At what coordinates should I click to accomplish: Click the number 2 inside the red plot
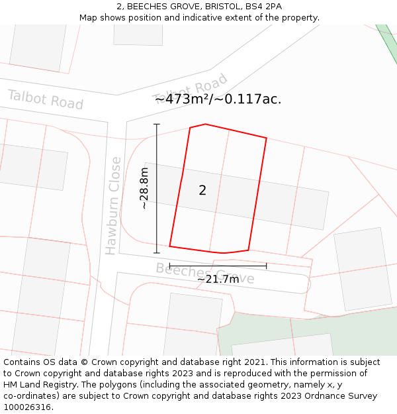(x=202, y=191)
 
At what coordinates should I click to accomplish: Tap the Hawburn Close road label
(x=113, y=205)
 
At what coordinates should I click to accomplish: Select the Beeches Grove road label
(x=204, y=273)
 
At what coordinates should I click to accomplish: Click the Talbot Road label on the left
(x=45, y=99)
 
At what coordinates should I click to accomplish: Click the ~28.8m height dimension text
(x=144, y=189)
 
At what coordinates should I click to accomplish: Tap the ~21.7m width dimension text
(x=218, y=280)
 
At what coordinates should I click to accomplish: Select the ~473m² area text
(x=187, y=99)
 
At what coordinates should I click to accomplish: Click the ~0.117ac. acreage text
(x=253, y=99)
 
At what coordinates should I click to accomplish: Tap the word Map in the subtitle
(x=89, y=18)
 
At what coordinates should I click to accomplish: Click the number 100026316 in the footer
(x=26, y=407)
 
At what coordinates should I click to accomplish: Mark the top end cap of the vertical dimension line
(x=157, y=124)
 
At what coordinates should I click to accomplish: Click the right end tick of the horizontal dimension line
(x=266, y=266)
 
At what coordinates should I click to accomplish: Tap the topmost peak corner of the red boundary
(x=206, y=124)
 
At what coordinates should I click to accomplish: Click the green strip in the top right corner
(x=387, y=40)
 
